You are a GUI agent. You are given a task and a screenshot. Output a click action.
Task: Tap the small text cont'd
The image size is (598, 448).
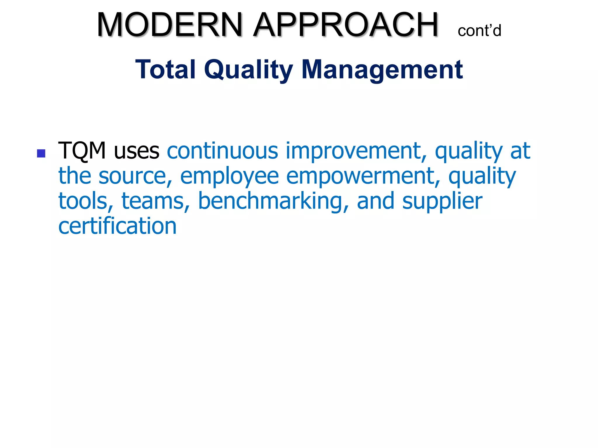pyautogui.click(x=479, y=31)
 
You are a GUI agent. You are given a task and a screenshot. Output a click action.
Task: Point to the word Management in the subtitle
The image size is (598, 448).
pyautogui.click(x=382, y=70)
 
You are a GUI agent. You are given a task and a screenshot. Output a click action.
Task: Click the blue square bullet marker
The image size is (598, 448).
pyautogui.click(x=41, y=153)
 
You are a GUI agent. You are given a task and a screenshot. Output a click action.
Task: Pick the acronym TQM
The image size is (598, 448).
pyautogui.click(x=82, y=151)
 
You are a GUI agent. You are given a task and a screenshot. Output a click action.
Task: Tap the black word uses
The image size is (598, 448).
pyautogui.click(x=137, y=151)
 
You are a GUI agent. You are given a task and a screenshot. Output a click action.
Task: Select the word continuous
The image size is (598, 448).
pyautogui.click(x=222, y=151)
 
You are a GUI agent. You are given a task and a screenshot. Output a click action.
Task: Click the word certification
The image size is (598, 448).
pyautogui.click(x=117, y=226)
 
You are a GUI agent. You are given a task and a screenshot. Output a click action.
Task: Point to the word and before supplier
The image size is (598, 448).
pyautogui.click(x=376, y=201)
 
